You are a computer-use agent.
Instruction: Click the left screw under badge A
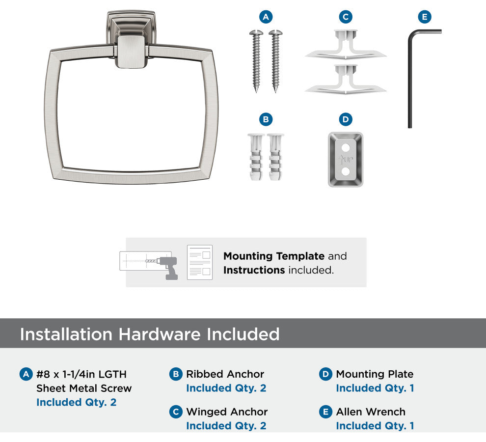coord(256,61)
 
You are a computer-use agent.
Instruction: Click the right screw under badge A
coord(275,61)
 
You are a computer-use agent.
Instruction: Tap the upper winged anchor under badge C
coord(346,45)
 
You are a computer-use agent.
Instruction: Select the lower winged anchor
coord(346,80)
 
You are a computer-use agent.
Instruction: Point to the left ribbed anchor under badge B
coord(256,157)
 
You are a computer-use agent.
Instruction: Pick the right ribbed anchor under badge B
coord(275,157)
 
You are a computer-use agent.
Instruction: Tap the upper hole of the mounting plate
coord(346,147)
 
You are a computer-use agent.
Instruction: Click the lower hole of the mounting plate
coord(346,171)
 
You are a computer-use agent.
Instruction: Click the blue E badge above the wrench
coord(425,17)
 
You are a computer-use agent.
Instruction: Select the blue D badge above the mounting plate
coord(346,119)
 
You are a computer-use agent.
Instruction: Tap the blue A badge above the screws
coord(266,17)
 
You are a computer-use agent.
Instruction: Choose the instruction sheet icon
coord(200,262)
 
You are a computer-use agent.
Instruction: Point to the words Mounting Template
coord(274,256)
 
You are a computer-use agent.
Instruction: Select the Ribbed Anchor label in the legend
coord(225,374)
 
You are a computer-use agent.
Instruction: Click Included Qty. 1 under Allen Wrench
coord(375,426)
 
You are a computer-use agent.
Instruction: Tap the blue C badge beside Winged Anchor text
coord(176,412)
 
